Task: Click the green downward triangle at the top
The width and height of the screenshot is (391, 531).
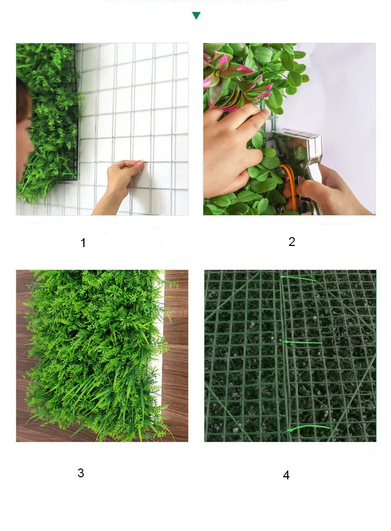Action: (196, 16)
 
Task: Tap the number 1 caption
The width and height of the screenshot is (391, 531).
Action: (83, 243)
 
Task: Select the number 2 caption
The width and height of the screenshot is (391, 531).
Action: (291, 242)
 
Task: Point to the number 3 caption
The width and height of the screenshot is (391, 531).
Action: (81, 473)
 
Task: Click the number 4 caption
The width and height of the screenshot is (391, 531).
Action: (286, 475)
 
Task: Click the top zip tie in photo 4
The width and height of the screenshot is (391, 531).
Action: (299, 279)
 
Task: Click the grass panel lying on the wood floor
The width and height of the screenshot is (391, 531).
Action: (94, 354)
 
